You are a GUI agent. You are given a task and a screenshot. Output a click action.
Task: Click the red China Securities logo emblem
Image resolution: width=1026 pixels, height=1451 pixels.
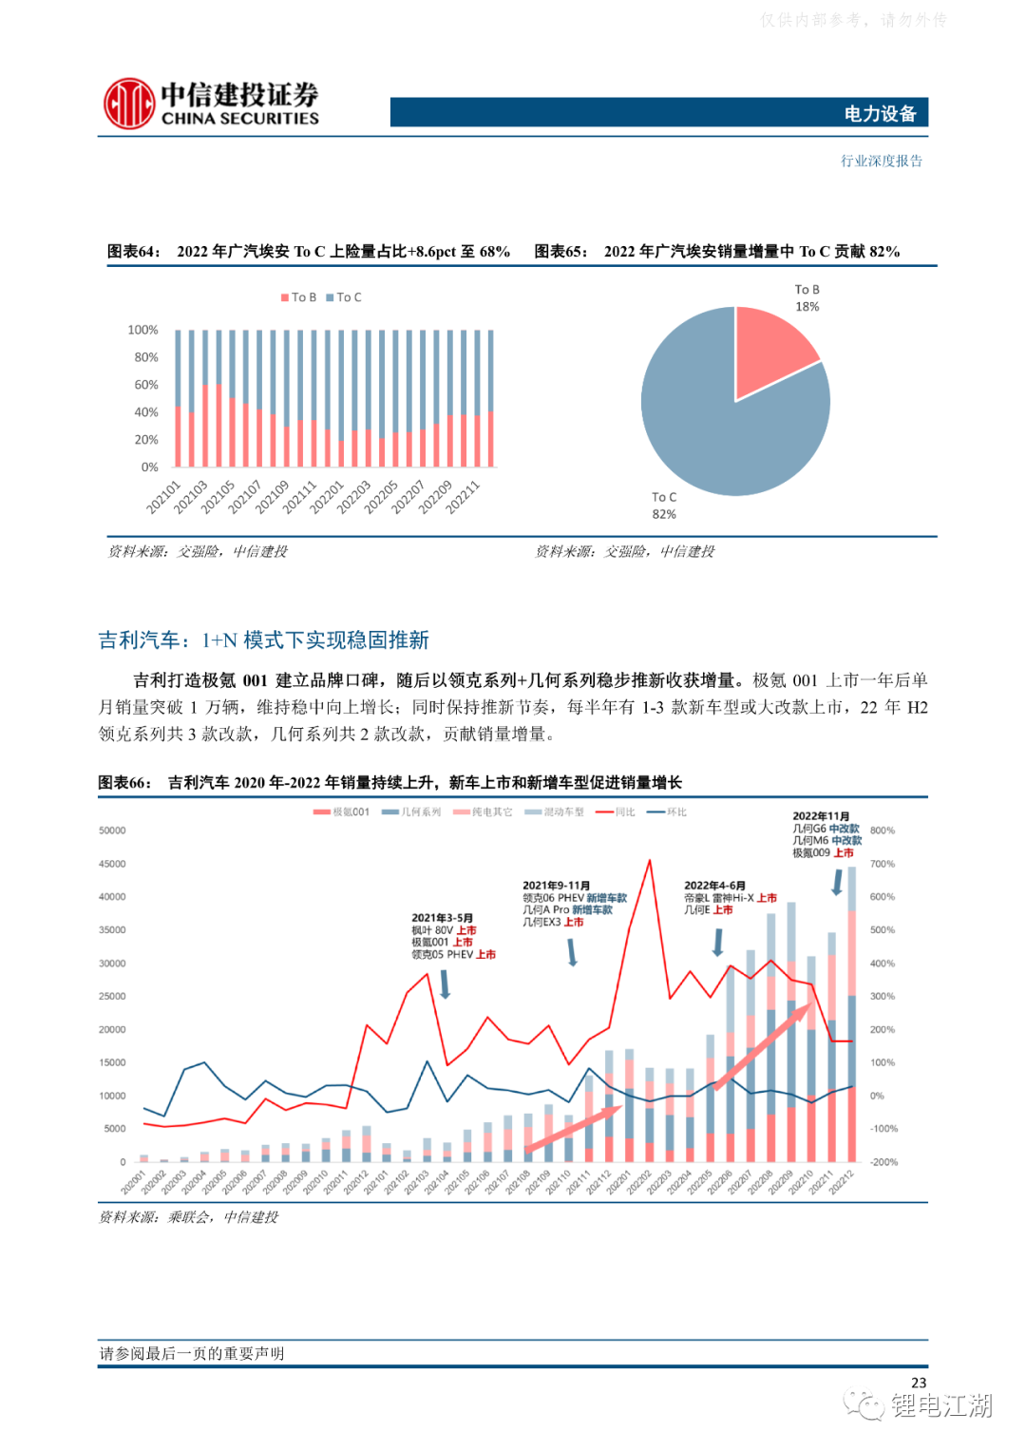point(129,104)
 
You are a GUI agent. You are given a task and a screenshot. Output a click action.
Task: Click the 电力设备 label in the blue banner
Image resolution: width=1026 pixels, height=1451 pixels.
point(880,114)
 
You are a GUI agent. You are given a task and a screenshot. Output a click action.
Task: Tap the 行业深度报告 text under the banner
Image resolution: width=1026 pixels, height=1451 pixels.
point(881,161)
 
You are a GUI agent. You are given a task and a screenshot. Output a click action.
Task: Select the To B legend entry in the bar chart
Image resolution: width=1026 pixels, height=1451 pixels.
point(299,297)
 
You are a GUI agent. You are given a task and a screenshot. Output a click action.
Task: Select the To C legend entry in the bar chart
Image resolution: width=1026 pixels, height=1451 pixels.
point(345,297)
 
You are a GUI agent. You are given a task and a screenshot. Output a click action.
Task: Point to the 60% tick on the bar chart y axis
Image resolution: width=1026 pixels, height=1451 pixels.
point(146,385)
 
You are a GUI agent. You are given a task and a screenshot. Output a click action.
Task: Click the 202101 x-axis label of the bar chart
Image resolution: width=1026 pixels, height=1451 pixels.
point(163,497)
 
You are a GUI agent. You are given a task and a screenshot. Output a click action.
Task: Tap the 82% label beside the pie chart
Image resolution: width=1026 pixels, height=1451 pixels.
point(664,514)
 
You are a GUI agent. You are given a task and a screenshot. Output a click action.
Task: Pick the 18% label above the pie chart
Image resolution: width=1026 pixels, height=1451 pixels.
point(807,306)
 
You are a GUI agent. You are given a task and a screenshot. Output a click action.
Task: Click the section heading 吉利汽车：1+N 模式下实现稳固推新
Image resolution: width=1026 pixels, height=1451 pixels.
point(264,640)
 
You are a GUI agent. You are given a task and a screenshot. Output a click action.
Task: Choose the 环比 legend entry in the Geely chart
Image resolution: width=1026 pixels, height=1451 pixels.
point(668,812)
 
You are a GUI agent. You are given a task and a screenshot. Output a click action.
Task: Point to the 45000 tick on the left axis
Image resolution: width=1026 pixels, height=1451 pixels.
point(112,864)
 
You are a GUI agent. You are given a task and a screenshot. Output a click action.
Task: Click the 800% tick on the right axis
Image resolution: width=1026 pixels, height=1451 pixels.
point(882,831)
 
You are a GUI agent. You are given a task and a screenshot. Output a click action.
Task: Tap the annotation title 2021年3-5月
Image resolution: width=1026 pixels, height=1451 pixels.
point(442,918)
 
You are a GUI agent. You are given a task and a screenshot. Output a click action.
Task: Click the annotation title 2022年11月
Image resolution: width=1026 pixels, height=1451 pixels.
point(821,816)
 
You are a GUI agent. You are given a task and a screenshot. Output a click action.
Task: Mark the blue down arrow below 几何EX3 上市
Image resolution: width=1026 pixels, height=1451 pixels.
point(573,952)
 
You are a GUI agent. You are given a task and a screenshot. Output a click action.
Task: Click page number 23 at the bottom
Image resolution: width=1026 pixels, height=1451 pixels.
point(918,1383)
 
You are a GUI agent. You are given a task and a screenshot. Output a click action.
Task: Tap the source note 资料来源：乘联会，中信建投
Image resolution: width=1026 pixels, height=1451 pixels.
point(189,1217)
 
